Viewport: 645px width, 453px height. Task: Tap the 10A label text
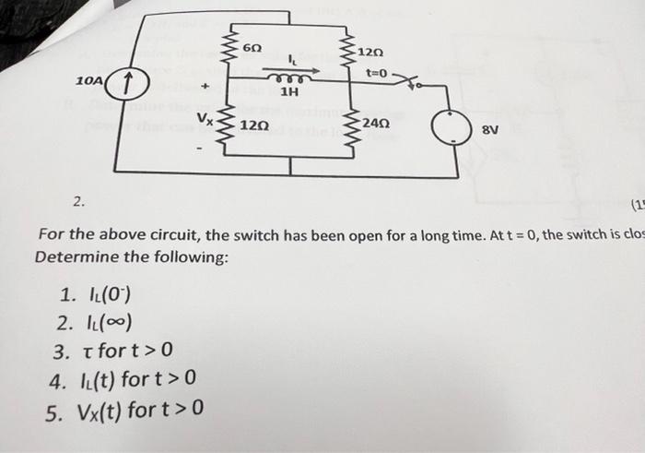coord(89,82)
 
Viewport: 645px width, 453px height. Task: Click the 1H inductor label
coord(289,92)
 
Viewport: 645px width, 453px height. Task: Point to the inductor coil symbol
coord(289,79)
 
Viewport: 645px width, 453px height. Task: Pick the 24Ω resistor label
coord(376,123)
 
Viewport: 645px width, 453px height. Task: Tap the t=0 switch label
coord(378,72)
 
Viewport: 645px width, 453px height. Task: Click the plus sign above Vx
coord(206,88)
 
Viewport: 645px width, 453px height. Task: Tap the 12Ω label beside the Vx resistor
coord(254,125)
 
